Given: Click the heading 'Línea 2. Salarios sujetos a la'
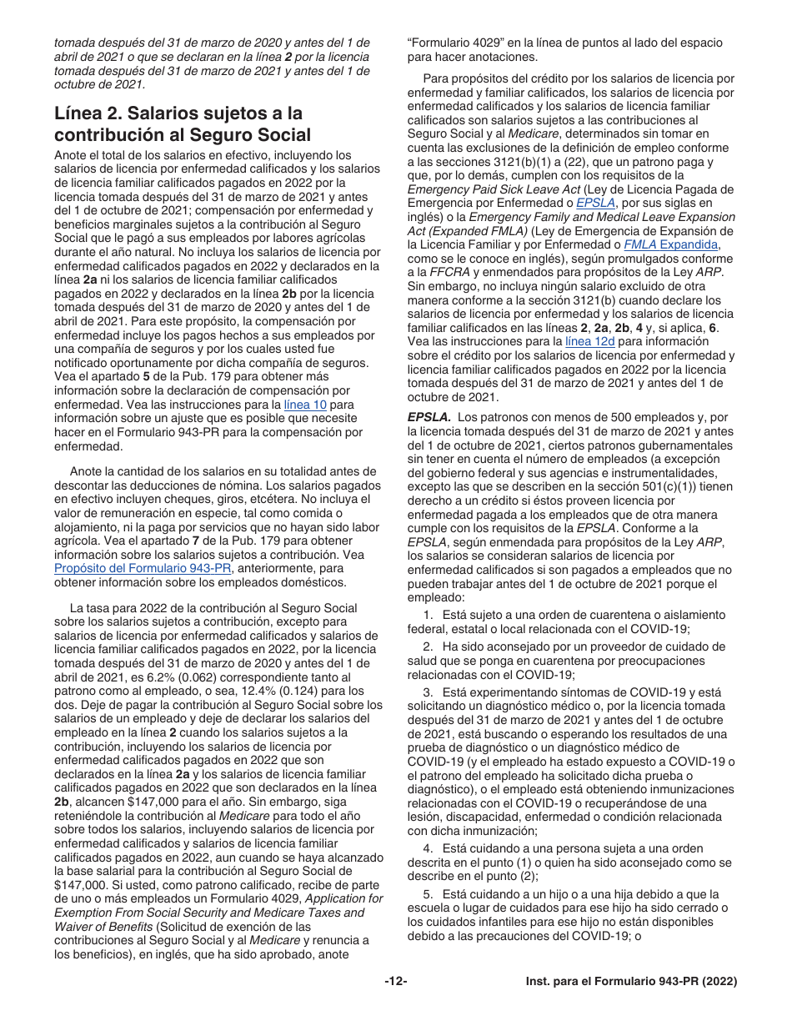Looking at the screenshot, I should click(178, 113).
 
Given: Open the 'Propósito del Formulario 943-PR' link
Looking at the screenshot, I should click(143, 568).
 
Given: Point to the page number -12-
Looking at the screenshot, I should click(396, 982).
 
